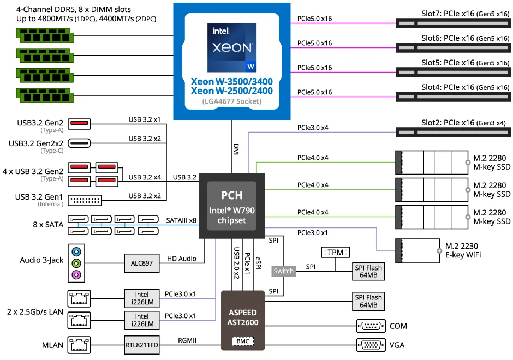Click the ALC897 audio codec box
tap(141, 263)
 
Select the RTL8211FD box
tap(141, 344)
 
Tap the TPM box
tap(336, 252)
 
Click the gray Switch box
tap(283, 271)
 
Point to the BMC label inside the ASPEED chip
tap(242, 340)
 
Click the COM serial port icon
tap(371, 326)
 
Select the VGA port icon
tap(371, 345)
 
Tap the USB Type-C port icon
tap(79, 143)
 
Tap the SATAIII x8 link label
tap(181, 220)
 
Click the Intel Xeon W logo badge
tap(232, 48)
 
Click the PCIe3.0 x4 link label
tap(313, 128)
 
